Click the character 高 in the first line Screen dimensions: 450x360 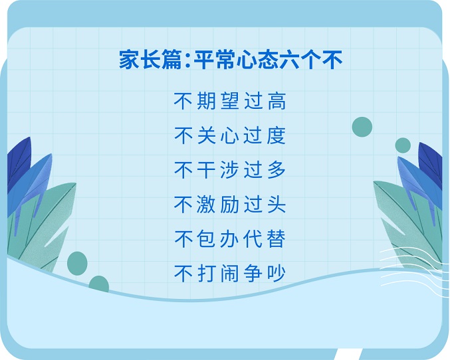(277, 101)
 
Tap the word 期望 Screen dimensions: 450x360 (218, 101)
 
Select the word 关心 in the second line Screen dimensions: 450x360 (218, 135)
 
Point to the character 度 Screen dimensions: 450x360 (277, 135)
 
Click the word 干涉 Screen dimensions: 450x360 (218, 170)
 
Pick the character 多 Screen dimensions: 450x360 (277, 170)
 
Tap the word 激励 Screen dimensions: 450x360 (218, 204)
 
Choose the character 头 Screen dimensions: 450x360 (277, 204)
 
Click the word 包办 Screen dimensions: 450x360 (218, 238)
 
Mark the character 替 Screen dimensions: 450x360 (277, 238)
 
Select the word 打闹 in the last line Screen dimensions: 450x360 (218, 273)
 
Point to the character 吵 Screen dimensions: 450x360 (277, 273)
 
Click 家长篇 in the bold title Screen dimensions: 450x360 (151, 60)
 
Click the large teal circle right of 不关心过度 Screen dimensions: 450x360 (362, 127)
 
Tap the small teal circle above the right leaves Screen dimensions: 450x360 (403, 145)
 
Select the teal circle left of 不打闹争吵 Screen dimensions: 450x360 (77, 263)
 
